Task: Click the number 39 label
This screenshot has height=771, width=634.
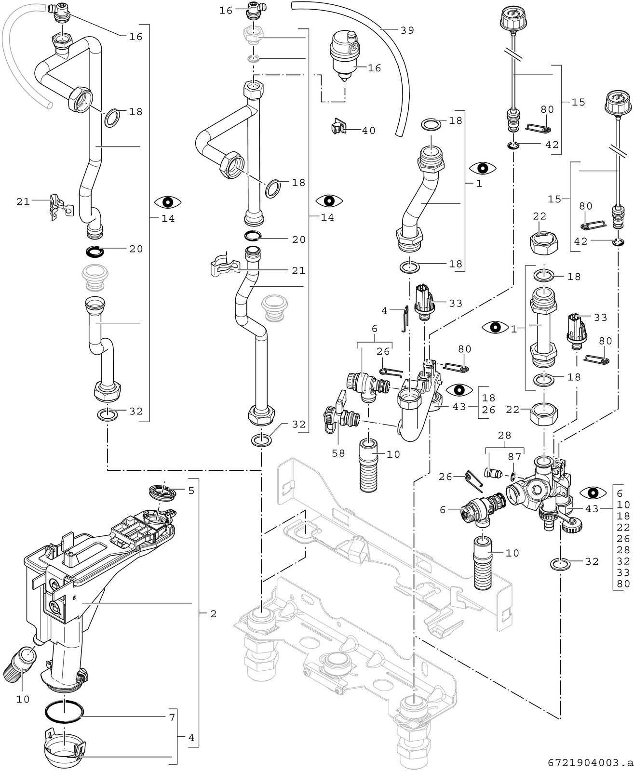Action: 407,30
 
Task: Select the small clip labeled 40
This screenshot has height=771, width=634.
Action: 337,128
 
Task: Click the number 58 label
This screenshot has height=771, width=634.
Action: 338,453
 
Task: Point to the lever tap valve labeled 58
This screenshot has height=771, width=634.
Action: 340,413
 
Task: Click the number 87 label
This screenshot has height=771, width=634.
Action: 514,457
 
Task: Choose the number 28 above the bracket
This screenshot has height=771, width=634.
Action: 504,436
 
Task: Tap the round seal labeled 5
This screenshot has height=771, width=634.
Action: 163,492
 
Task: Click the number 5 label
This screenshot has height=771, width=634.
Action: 191,491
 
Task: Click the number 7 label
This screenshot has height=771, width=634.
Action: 172,717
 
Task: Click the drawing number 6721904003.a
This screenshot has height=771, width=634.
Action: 590,763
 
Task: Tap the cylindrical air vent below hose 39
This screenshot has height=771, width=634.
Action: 344,55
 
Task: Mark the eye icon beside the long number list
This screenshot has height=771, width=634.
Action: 593,493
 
